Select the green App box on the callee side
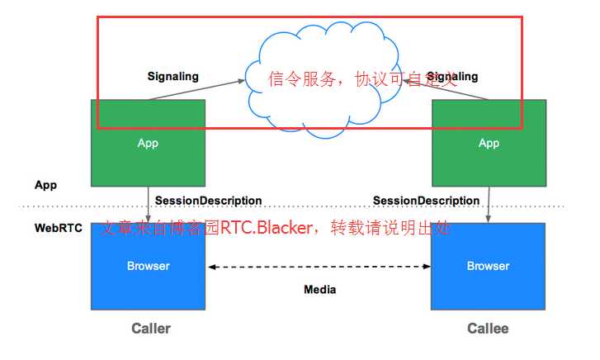[489, 161]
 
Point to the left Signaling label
[173, 77]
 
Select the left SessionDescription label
[208, 201]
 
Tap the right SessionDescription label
[426, 201]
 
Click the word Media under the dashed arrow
[320, 290]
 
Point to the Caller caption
[151, 329]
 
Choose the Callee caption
[488, 329]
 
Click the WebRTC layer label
[59, 228]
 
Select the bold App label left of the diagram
[45, 185]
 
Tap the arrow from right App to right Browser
[489, 204]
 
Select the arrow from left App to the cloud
[198, 89]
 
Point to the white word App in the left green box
[148, 143]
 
